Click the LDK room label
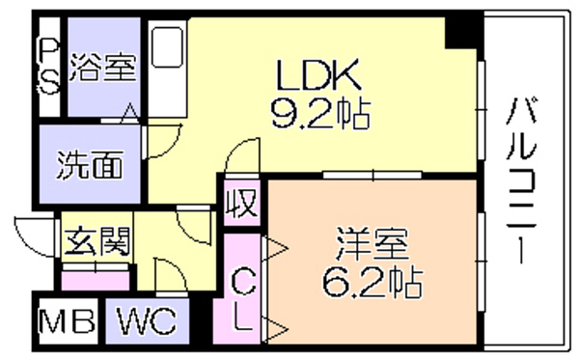pyautogui.click(x=318, y=75)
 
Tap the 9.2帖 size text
pyautogui.click(x=320, y=113)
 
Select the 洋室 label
pyautogui.click(x=372, y=243)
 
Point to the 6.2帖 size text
pyautogui.click(x=372, y=282)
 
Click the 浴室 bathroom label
pyautogui.click(x=103, y=67)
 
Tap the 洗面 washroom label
pyautogui.click(x=90, y=165)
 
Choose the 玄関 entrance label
pyautogui.click(x=97, y=241)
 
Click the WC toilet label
pyautogui.click(x=147, y=320)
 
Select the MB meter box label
pyautogui.click(x=68, y=321)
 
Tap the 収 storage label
pyautogui.click(x=242, y=203)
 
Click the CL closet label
pyautogui.click(x=243, y=299)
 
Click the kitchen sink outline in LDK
pyautogui.click(x=168, y=48)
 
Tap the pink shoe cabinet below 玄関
pyautogui.click(x=96, y=282)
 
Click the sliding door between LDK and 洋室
pyautogui.click(x=372, y=175)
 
